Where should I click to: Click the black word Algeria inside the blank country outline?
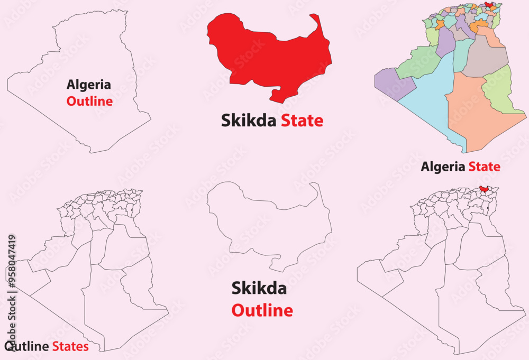(x=89, y=84)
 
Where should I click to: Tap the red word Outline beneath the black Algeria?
(x=89, y=101)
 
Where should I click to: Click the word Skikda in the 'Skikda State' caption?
(x=249, y=121)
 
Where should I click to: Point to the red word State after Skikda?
(x=302, y=121)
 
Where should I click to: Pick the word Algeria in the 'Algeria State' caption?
(x=443, y=167)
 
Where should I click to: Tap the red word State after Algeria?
(x=484, y=167)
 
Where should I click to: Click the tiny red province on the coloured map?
(x=489, y=5)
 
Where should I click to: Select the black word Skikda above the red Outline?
(x=259, y=289)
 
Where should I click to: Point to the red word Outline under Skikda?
(x=262, y=310)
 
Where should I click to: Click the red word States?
(x=70, y=347)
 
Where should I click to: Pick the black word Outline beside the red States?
(x=28, y=347)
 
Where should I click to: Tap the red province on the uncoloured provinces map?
(x=484, y=188)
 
